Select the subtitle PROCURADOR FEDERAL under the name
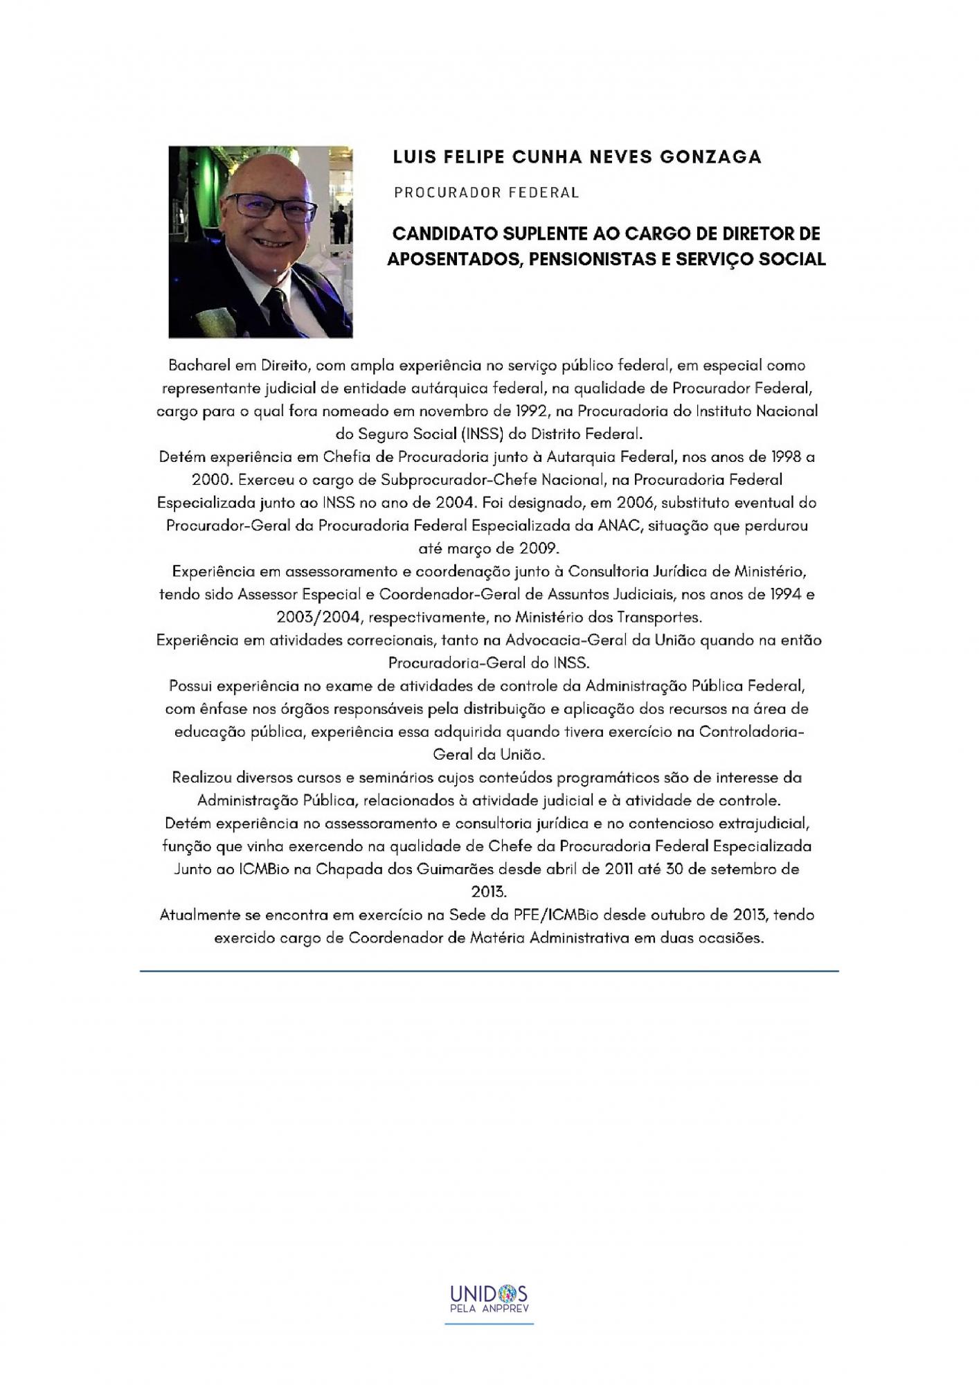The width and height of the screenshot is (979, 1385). click(486, 193)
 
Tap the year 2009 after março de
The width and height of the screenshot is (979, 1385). click(538, 548)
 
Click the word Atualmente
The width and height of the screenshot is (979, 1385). click(199, 915)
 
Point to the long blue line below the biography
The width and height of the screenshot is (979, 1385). click(489, 972)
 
